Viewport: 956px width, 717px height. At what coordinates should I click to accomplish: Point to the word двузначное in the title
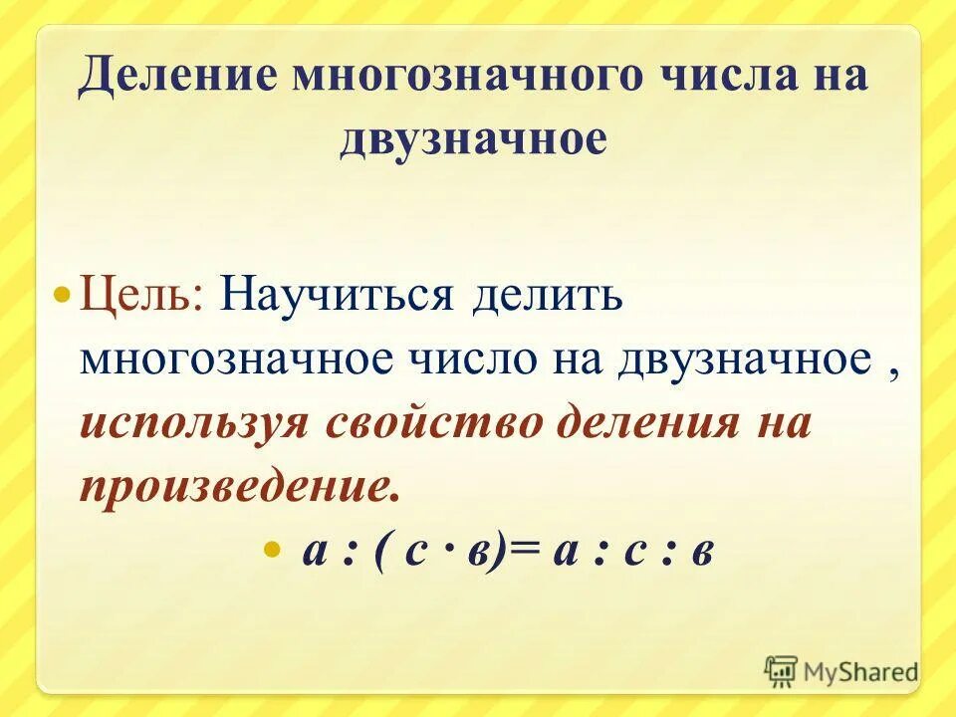pyautogui.click(x=472, y=138)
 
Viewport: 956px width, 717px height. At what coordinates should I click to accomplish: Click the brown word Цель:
pyautogui.click(x=142, y=297)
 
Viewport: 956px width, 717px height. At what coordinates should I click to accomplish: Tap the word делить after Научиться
pyautogui.click(x=548, y=297)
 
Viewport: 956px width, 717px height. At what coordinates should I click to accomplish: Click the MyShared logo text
pyautogui.click(x=860, y=672)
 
